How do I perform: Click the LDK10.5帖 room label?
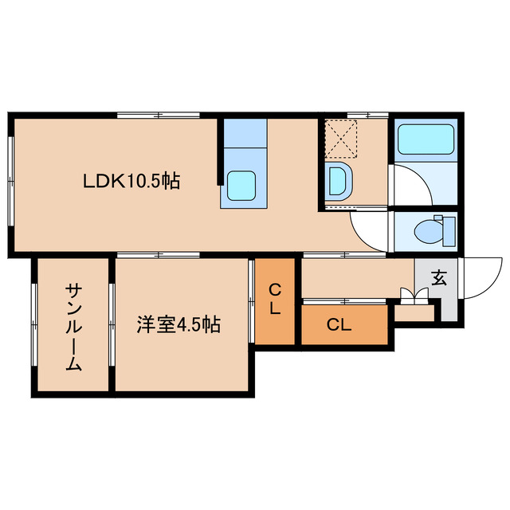pyautogui.click(x=131, y=182)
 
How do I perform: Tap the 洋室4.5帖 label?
pyautogui.click(x=178, y=325)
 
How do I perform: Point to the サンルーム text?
pyautogui.click(x=73, y=327)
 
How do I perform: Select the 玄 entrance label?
pyautogui.click(x=438, y=278)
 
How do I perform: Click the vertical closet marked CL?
pyautogui.click(x=274, y=300)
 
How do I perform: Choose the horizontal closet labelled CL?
pyautogui.click(x=339, y=325)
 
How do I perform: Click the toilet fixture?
pyautogui.click(x=431, y=231)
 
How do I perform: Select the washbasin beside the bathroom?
pyautogui.click(x=337, y=182)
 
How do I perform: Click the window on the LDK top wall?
pyautogui.click(x=158, y=116)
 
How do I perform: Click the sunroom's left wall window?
pyautogui.click(x=34, y=327)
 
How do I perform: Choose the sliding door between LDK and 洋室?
pyautogui.click(x=158, y=254)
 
